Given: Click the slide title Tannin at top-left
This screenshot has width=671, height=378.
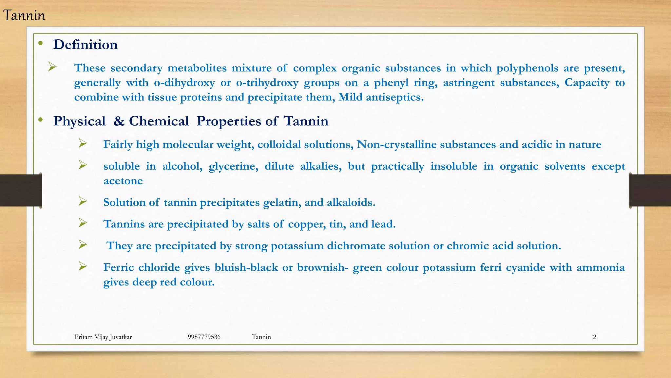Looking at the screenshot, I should (24, 16).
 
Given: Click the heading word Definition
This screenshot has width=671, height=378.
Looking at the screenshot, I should (85, 45).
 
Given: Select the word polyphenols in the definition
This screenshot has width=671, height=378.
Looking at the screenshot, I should (527, 68).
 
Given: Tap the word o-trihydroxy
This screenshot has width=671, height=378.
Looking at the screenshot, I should (267, 83).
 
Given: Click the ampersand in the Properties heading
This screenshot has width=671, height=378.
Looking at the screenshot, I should (119, 121).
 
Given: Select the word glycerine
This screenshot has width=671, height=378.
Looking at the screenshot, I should (233, 166).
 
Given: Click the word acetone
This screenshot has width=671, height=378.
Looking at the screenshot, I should (123, 181).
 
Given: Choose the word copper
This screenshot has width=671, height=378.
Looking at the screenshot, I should (307, 224).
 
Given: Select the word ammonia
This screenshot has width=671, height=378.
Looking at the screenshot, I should (601, 267).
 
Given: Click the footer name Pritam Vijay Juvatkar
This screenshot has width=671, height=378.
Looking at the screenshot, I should (103, 337).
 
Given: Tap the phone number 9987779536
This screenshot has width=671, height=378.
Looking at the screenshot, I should (204, 337).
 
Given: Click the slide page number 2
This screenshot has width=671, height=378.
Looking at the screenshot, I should (594, 337).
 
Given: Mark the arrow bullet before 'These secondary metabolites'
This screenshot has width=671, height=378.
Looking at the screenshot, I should (52, 67).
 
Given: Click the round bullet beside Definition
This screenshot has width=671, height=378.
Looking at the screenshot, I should (40, 43).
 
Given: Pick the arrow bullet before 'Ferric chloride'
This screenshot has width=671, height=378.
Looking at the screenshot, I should (83, 266).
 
